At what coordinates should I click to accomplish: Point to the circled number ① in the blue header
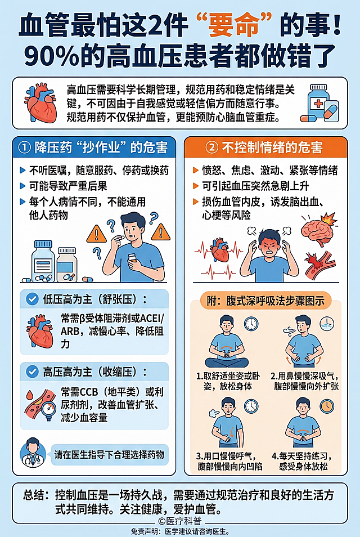25,147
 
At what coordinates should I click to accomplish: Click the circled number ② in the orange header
211,147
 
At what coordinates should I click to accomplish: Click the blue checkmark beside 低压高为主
32,299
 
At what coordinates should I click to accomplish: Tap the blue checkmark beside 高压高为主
32,372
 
